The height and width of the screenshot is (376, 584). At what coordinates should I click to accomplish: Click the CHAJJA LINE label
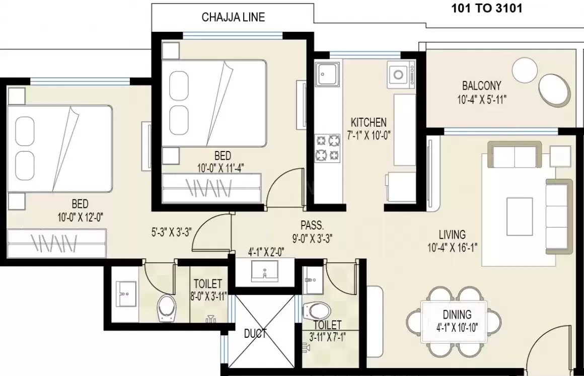click(x=233, y=17)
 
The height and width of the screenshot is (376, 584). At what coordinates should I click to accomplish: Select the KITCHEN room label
click(x=369, y=122)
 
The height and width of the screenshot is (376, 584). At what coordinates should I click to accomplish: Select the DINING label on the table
click(x=458, y=315)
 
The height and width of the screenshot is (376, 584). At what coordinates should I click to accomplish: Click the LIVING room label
click(x=452, y=234)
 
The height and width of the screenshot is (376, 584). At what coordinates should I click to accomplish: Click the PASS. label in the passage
click(x=312, y=224)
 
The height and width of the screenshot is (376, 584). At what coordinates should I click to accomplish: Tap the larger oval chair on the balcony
click(x=555, y=91)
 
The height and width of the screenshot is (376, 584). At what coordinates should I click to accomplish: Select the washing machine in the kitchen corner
click(x=401, y=74)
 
